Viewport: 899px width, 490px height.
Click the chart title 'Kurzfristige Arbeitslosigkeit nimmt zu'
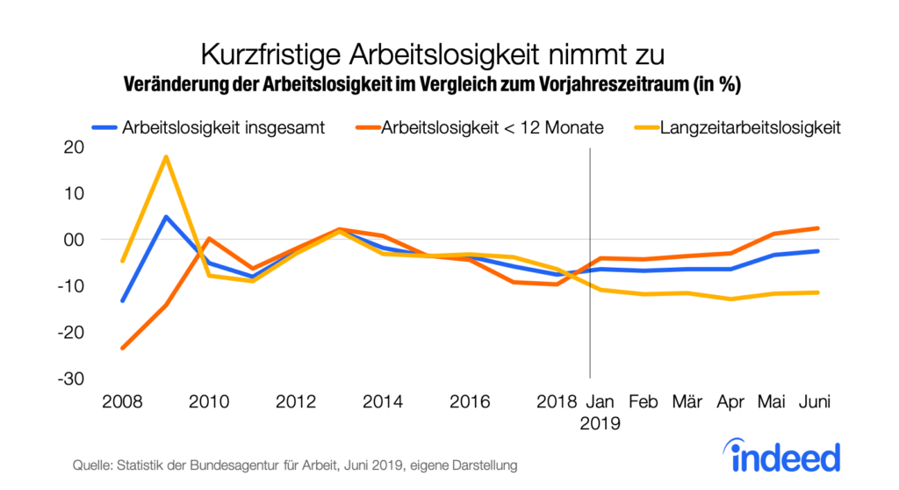point(432,54)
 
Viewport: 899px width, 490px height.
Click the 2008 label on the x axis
point(123,402)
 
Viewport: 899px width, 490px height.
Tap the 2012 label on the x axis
point(296,402)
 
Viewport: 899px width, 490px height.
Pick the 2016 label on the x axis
point(470,402)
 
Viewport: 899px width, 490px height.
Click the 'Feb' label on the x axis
point(644,402)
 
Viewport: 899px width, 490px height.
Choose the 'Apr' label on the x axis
point(730,402)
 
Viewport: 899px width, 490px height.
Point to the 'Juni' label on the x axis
point(816,402)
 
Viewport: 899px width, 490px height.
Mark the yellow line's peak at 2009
point(166,157)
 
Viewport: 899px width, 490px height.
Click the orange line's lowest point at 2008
point(123,348)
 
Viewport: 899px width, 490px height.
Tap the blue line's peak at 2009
point(166,217)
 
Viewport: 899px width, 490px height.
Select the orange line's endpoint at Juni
point(817,228)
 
